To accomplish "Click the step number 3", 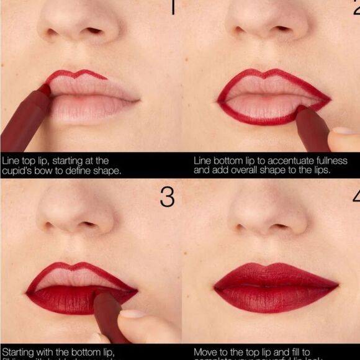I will point(166,197).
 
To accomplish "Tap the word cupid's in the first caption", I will point(19,170).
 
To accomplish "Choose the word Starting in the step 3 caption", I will point(19,352).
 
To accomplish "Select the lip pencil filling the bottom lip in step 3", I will point(109,317).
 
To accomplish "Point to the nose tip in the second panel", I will point(268,25).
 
